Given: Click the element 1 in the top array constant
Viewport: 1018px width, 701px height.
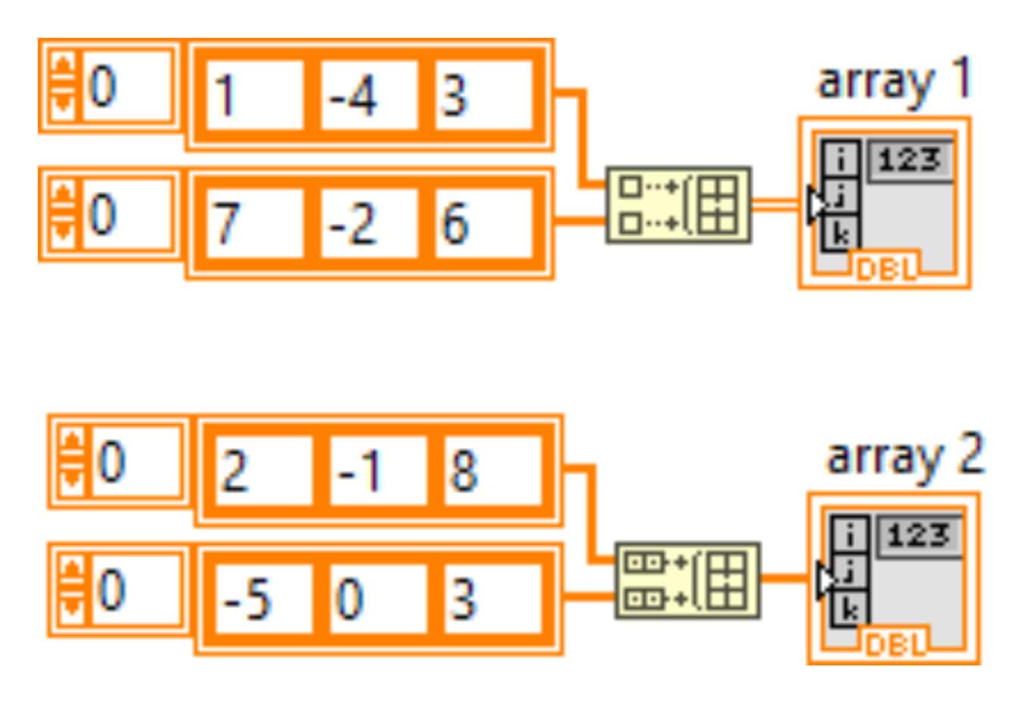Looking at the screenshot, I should point(254,95).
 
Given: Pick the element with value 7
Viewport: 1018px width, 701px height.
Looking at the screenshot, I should point(254,223).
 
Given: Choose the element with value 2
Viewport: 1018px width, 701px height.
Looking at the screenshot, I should point(263,471).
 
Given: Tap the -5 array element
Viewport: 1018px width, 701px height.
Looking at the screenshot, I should point(263,598).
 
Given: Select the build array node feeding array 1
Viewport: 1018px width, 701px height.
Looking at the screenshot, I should point(678,204).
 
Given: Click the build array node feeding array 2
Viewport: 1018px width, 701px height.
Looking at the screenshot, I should point(687,580).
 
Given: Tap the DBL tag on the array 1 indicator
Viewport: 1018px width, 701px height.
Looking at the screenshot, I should point(886,268).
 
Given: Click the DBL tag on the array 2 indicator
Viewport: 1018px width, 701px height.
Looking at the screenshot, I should point(895,644).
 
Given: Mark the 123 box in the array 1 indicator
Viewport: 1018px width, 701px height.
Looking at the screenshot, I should point(910,160).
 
